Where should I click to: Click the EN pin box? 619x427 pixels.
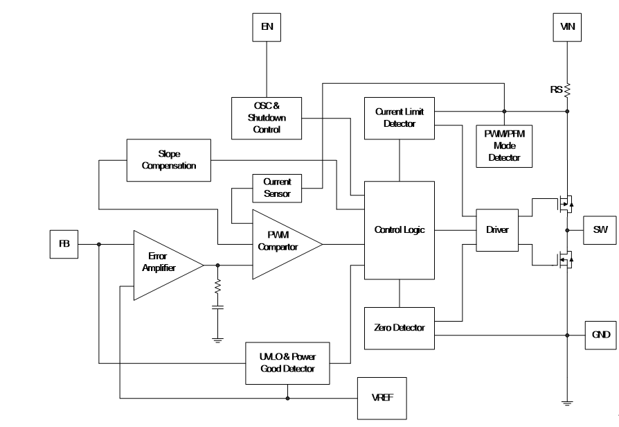(267, 28)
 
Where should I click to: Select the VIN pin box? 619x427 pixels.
(567, 28)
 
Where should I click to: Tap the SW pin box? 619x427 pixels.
(600, 229)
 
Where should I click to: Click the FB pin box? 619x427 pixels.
(63, 243)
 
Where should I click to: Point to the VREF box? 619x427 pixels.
(381, 399)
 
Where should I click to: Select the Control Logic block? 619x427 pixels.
(400, 229)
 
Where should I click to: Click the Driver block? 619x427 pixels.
(497, 229)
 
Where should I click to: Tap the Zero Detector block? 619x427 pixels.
(399, 327)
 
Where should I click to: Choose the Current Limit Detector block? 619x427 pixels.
(400, 117)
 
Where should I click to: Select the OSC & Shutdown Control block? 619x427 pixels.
(267, 118)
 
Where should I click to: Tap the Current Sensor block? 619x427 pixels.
(277, 187)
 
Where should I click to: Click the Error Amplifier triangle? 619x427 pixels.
(162, 264)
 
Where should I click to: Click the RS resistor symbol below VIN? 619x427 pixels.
(567, 89)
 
